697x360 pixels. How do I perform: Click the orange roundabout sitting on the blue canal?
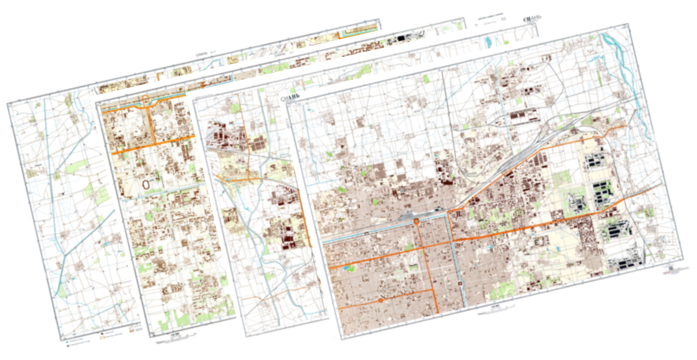pyautogui.click(x=417, y=221)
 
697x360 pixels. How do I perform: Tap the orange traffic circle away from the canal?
pyautogui.click(x=381, y=301)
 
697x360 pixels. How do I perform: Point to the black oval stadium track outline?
pyautogui.click(x=146, y=184)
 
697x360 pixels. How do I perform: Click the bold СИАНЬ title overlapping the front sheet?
pyautogui.click(x=290, y=98)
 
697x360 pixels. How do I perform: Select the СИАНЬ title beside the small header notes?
pyautogui.click(x=532, y=19)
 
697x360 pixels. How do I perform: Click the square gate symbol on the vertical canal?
pyautogui.click(x=460, y=284)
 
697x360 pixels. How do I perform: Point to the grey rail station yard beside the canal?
pyautogui.click(x=412, y=215)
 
